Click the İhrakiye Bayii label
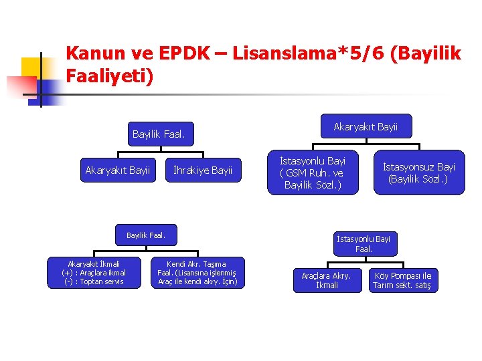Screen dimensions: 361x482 [203, 170]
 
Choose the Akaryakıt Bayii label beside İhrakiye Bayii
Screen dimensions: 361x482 [118, 170]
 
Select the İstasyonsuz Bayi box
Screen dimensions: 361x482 [419, 172]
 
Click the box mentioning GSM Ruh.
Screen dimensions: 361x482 [313, 172]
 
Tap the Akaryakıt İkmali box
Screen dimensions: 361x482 [94, 273]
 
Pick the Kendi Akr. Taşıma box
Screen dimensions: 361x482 [197, 273]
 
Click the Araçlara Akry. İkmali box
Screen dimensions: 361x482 [327, 280]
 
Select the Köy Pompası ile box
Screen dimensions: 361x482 [402, 280]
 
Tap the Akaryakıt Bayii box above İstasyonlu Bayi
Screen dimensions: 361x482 [366, 126]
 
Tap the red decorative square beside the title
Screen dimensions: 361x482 [20, 86]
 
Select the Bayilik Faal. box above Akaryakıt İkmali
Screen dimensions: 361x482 [145, 235]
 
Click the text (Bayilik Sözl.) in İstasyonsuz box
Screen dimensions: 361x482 [419, 179]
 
